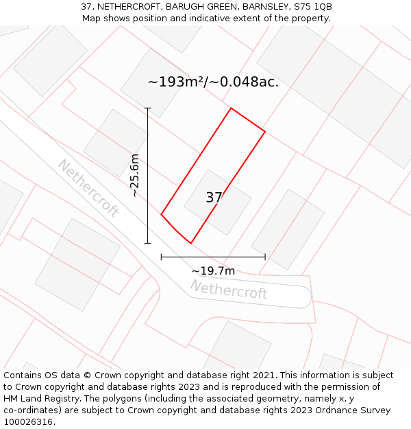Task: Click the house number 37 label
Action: pos(214,198)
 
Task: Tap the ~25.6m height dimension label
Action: pos(135,176)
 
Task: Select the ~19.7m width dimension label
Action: pos(212,271)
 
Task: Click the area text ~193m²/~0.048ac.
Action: pos(213,82)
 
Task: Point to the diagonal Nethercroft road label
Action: pos(88,188)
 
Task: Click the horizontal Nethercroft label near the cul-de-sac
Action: pos(229,290)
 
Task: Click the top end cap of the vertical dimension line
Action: pos(147,108)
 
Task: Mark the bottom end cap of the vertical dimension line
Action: pos(147,243)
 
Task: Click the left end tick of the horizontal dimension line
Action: pos(161,257)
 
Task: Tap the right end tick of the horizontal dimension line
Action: pos(265,257)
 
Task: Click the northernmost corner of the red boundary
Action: pos(231,108)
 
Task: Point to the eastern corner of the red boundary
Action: pos(265,131)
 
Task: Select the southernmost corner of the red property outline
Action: pos(190,243)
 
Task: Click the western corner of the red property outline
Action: pos(161,215)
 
